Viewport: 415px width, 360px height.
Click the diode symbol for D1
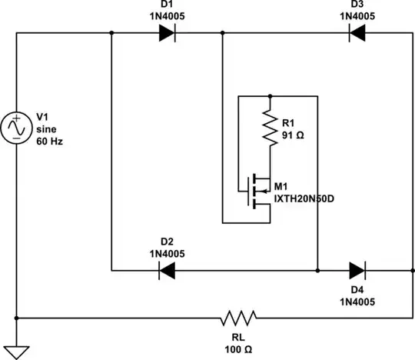(167, 32)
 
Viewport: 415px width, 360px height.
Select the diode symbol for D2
(167, 270)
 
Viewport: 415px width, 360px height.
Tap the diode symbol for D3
(357, 32)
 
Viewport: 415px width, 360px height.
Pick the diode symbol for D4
(357, 270)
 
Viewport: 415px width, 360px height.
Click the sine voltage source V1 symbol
(16, 128)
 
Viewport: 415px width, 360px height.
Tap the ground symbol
(16, 351)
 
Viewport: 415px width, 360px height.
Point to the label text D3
(357, 5)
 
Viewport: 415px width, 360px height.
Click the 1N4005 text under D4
(357, 302)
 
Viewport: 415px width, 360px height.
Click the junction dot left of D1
(111, 32)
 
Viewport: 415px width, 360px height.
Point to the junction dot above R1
(270, 96)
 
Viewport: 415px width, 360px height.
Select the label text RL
(237, 336)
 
